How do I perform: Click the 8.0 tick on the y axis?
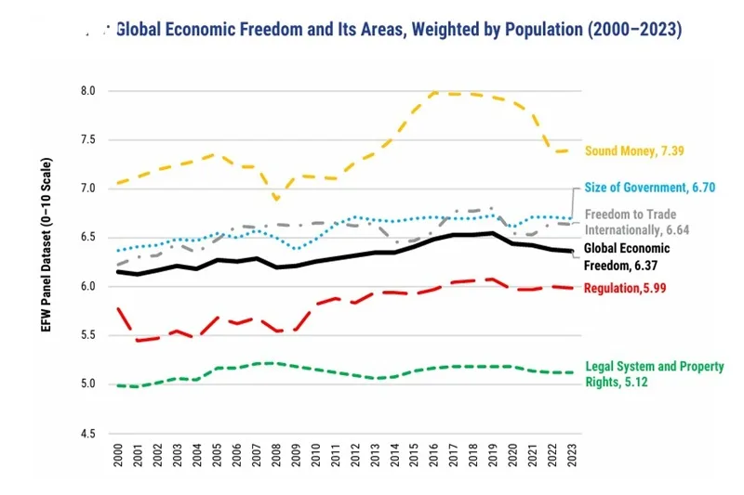point(88,91)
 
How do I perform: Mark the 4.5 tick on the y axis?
point(88,434)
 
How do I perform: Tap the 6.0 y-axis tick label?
point(88,287)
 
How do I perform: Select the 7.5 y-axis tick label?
point(88,140)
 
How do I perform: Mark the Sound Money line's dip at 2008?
point(276,199)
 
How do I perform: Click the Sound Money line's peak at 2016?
point(434,92)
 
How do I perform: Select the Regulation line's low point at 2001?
point(138,341)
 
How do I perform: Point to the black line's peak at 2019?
point(494,233)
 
